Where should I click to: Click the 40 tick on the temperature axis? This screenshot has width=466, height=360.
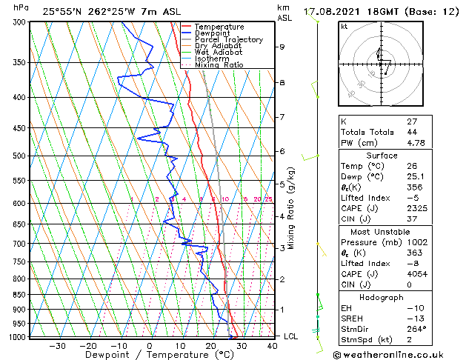pyautogui.click(x=272, y=346)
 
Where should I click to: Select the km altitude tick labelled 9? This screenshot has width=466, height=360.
pyautogui.click(x=282, y=47)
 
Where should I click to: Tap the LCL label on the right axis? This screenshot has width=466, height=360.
pyautogui.click(x=291, y=336)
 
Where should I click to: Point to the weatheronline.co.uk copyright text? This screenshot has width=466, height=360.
pyautogui.click(x=393, y=353)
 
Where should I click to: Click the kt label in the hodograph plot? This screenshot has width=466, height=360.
pyautogui.click(x=344, y=26)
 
